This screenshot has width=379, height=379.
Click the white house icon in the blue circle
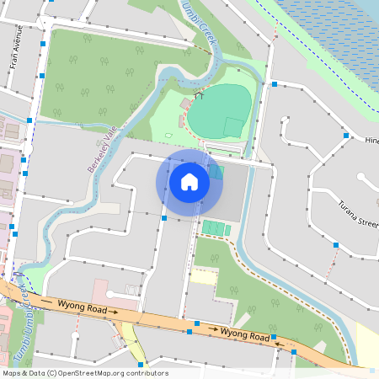point(189,181)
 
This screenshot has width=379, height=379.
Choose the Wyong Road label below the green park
point(243,334)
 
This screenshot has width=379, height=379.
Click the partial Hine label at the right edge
point(372,141)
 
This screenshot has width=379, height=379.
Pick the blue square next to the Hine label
point(345,135)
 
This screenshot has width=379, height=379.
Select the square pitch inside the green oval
point(232,127)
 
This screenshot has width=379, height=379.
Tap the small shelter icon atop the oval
point(200,95)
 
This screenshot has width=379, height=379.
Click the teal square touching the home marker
point(216,172)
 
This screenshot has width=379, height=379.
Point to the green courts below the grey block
point(216,228)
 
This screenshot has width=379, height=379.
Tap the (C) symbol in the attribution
point(51,372)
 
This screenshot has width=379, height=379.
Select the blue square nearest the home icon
point(164,217)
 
